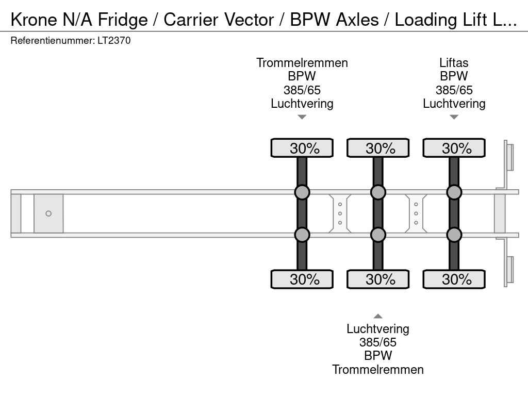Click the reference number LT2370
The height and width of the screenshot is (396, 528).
click(x=114, y=41)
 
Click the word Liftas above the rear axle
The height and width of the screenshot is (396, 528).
click(x=454, y=63)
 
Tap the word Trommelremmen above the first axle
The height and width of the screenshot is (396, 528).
click(x=302, y=63)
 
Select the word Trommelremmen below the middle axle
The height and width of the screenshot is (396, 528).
click(x=378, y=369)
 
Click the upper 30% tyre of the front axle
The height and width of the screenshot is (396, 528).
click(x=302, y=148)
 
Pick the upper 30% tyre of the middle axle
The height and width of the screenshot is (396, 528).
click(x=378, y=148)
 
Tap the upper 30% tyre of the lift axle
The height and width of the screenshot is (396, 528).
click(x=454, y=148)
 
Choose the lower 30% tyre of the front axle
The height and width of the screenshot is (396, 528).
click(x=302, y=279)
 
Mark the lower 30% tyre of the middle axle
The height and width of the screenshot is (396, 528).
click(x=378, y=279)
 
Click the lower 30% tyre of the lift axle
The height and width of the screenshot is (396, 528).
click(x=454, y=279)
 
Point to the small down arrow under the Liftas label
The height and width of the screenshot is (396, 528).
click(x=454, y=117)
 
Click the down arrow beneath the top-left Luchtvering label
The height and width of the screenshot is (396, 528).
click(x=302, y=117)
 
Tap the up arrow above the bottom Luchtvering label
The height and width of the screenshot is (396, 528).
click(x=378, y=316)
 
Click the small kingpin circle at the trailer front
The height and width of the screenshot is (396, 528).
click(x=48, y=213)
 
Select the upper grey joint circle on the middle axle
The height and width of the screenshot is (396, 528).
click(x=378, y=192)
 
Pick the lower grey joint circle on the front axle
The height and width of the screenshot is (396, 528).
click(x=302, y=235)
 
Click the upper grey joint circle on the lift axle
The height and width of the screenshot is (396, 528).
click(x=454, y=192)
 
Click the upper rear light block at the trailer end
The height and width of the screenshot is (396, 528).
click(x=509, y=157)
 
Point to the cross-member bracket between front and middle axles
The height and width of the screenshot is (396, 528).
click(x=340, y=213)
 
